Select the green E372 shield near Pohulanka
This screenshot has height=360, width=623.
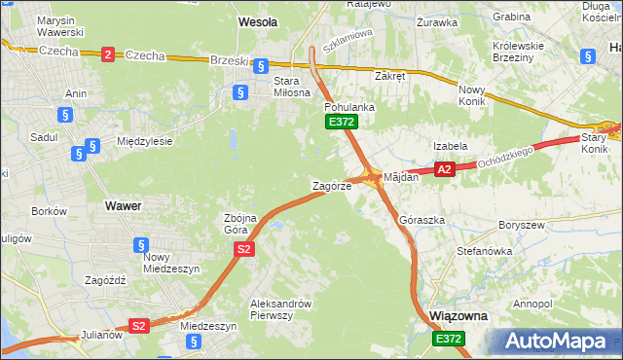342,122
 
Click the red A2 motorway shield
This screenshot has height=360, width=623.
444,169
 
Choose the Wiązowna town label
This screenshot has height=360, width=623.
458,317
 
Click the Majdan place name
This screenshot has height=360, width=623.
401,178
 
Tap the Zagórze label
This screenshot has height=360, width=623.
330,185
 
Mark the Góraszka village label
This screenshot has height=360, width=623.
421,221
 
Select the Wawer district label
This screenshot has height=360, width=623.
123,206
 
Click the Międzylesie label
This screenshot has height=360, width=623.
144,141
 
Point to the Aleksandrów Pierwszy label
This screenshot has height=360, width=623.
280,308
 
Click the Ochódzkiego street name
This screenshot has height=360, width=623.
507,158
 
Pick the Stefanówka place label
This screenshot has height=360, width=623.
485,251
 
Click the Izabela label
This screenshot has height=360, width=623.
451,146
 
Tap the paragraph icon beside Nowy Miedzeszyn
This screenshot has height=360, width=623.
141,246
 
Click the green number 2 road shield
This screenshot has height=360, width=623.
107,55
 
